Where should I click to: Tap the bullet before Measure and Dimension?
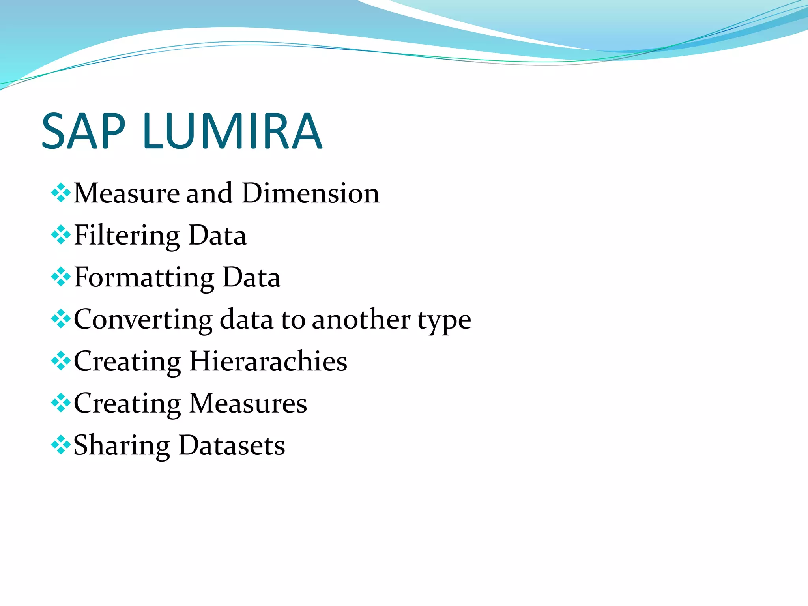(x=61, y=193)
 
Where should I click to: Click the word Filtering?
(x=127, y=236)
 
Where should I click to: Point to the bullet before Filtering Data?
(x=61, y=236)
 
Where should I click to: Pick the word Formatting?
(x=144, y=278)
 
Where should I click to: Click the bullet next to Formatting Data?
(x=61, y=277)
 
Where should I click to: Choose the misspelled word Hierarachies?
(x=268, y=361)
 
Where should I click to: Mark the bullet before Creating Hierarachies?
(x=61, y=361)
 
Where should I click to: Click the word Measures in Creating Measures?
(x=248, y=404)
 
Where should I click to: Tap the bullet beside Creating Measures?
(x=61, y=403)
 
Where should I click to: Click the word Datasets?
(x=232, y=445)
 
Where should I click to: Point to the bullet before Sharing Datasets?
(x=61, y=445)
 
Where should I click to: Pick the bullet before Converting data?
(x=61, y=319)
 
